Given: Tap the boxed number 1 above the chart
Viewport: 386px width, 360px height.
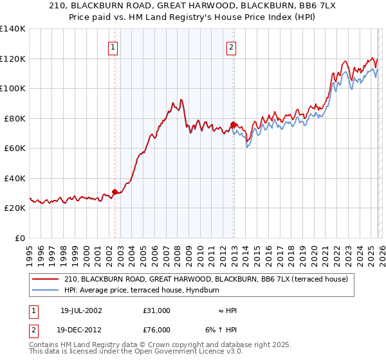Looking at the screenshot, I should (x=113, y=47).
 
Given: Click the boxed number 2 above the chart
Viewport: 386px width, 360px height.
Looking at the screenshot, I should (x=231, y=47).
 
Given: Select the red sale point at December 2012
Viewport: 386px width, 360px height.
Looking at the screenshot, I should (x=233, y=125).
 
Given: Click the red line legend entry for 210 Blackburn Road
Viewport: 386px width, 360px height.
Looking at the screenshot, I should (x=206, y=279).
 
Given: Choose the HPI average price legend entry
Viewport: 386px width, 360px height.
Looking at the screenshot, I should (x=142, y=291).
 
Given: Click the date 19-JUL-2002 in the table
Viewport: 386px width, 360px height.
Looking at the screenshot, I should (x=81, y=310).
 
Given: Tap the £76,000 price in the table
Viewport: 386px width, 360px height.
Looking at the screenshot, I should (x=157, y=329).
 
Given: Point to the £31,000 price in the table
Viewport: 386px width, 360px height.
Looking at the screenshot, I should (x=157, y=310).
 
